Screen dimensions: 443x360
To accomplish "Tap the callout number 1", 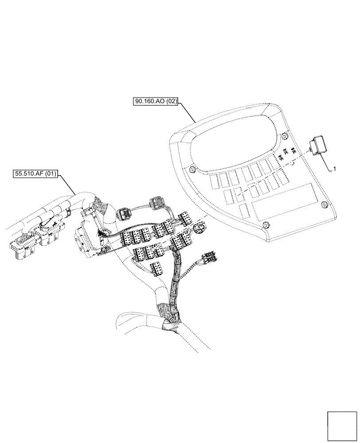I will [x=334, y=169].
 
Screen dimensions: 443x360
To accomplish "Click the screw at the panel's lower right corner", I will [x=324, y=204].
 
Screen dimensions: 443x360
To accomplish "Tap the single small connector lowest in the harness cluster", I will [x=156, y=268].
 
